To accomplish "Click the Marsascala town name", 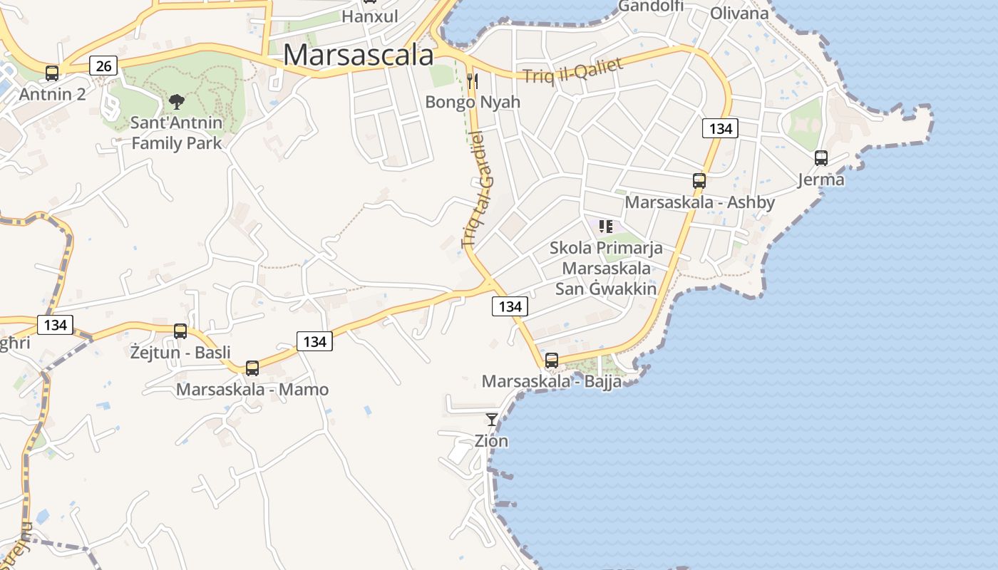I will point(359,56).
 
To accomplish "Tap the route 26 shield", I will point(103,66).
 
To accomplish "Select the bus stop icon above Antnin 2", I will point(52,73).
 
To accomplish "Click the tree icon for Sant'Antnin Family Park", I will point(176,102).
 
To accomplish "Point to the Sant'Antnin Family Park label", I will point(176,133).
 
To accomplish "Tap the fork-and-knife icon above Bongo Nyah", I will point(472,81).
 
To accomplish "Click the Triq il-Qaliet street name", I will point(572,70).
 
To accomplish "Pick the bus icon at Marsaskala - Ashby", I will point(699,181).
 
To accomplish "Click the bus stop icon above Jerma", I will point(820,158).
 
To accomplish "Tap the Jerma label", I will point(820,180).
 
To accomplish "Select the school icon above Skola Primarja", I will point(606,227).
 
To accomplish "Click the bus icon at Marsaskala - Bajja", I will point(551,361).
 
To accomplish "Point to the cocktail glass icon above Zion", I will point(492,419).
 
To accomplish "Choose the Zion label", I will point(492,441).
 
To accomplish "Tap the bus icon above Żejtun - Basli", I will point(180,331).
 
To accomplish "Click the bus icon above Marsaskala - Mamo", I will point(252,368).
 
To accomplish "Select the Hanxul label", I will point(370,16).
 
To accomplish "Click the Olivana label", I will point(739,13).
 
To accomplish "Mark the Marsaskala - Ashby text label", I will point(699,202).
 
